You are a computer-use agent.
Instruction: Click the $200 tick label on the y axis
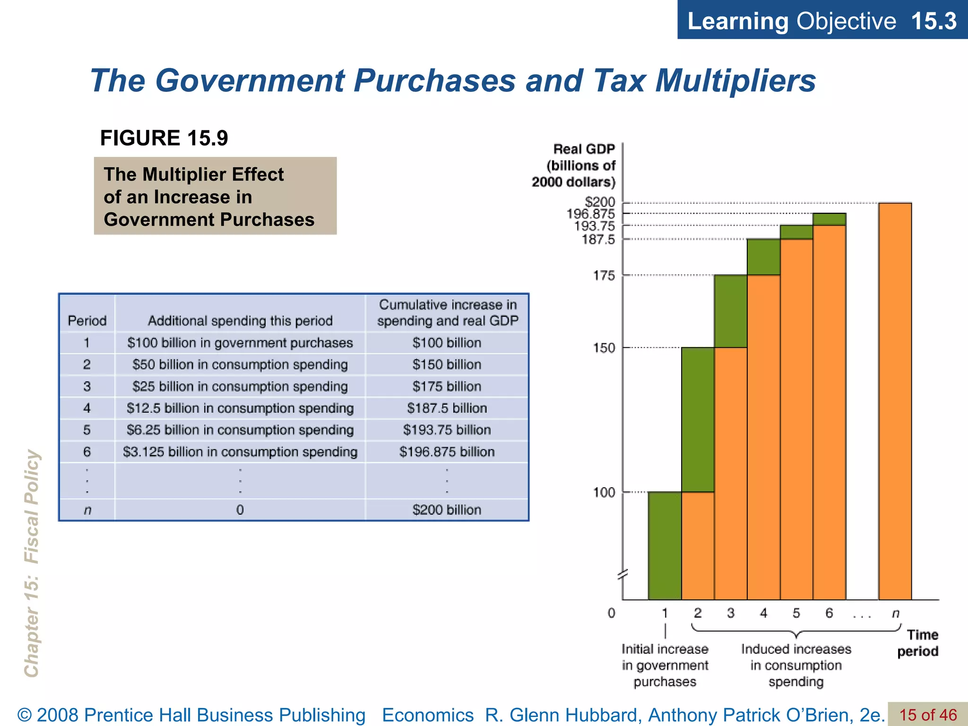coord(600,202)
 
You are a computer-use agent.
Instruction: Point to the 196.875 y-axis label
coord(590,214)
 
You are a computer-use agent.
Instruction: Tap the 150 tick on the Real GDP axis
coord(604,348)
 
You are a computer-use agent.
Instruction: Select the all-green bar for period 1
coord(665,545)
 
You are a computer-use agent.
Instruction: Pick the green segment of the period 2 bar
coord(698,419)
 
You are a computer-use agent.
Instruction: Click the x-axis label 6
coord(829,613)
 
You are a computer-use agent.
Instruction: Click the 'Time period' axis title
coord(917,643)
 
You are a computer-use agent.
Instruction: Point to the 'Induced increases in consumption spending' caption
coord(796,665)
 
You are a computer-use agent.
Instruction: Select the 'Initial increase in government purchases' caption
coord(665,665)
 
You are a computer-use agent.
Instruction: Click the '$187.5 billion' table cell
coord(447,408)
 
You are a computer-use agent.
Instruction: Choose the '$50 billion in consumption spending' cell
coord(240,364)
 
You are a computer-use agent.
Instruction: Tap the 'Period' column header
coord(87,321)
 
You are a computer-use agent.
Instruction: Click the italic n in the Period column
coord(87,510)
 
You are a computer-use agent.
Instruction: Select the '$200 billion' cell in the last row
coord(447,510)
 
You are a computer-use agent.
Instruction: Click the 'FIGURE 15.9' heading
coord(164,138)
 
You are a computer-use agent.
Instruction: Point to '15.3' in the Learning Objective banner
coord(933,21)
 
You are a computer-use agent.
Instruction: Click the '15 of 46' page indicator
coord(927,715)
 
